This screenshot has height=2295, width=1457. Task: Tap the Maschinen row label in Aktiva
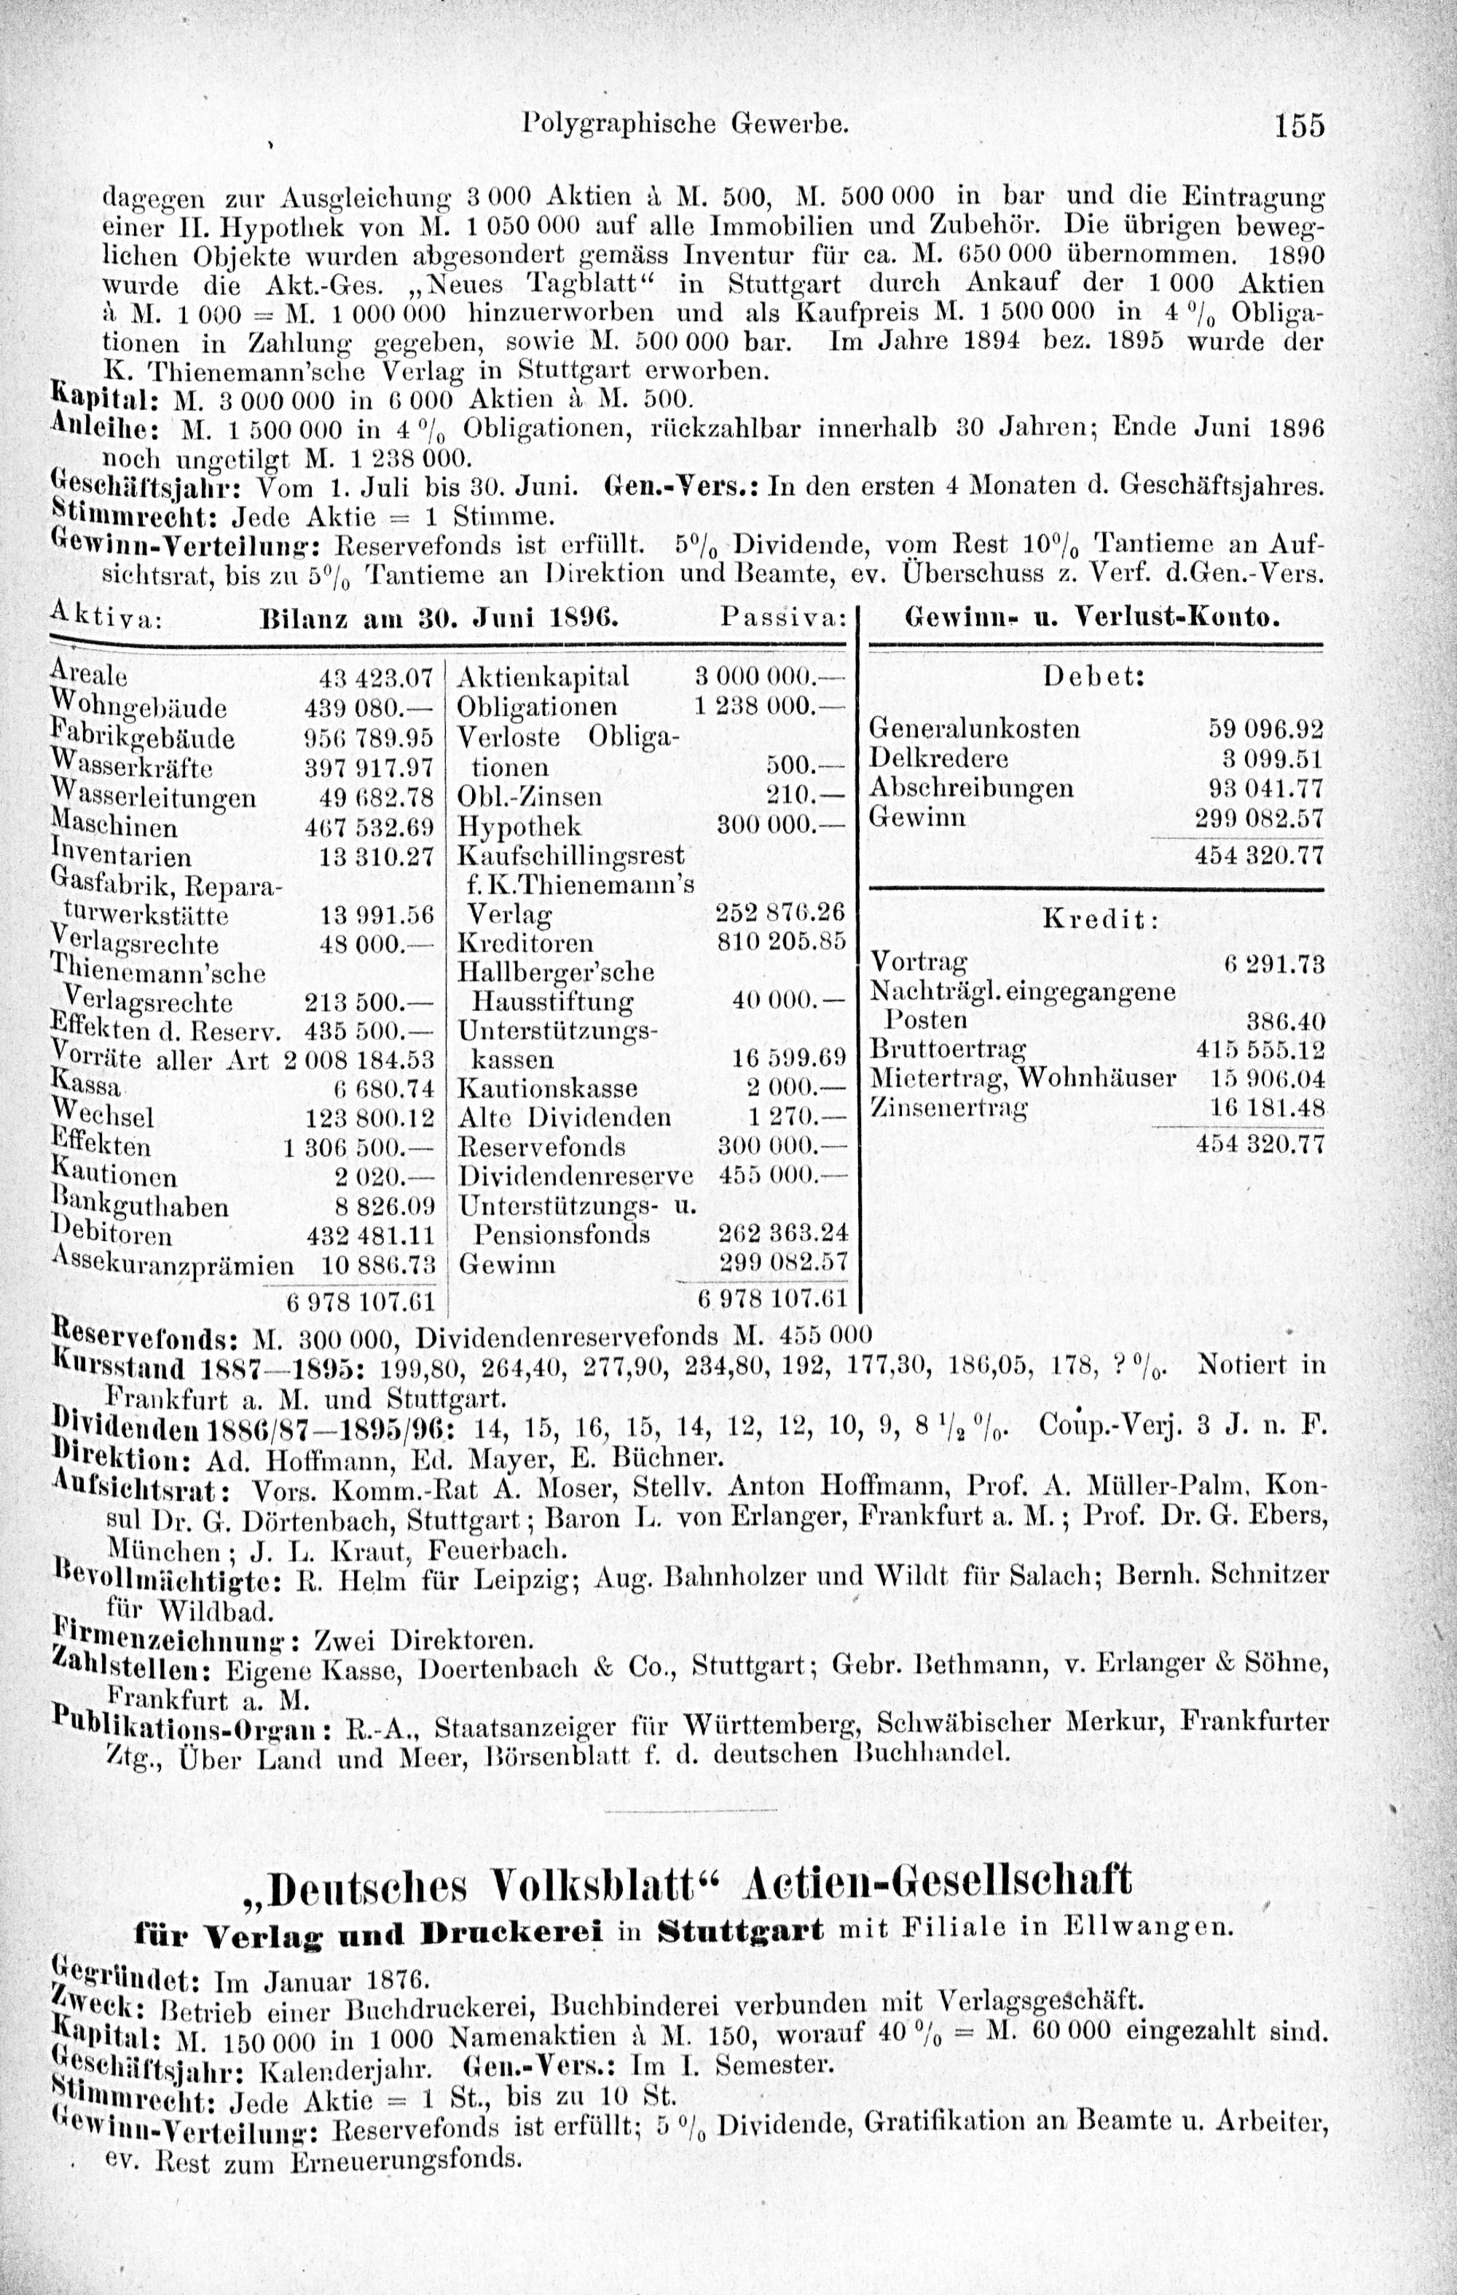112,825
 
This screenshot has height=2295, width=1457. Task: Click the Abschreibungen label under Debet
973,788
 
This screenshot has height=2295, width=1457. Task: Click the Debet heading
1093,676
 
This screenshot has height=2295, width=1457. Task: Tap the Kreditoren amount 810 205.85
781,942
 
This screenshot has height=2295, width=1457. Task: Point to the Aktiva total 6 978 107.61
361,1302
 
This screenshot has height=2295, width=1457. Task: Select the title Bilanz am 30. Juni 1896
439,618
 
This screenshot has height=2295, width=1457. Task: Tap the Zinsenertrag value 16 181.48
1260,1109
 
